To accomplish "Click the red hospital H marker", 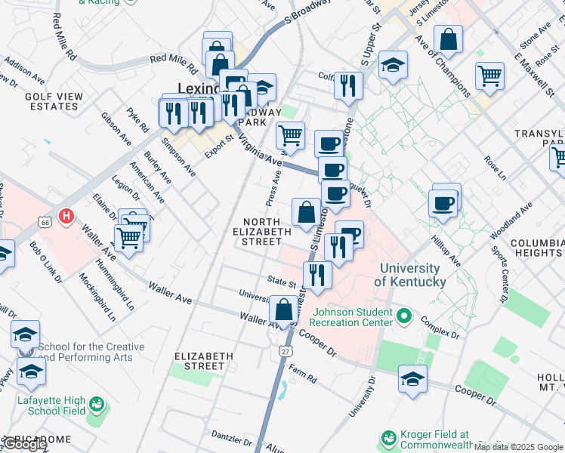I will coord(66,217).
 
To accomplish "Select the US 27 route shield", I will coord(284,352).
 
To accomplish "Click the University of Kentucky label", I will coord(411,275).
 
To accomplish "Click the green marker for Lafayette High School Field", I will coord(97,404).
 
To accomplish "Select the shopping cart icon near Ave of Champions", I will coord(489,75).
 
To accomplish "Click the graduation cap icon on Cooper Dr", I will coord(412,379).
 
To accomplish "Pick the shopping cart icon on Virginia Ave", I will coord(290,136).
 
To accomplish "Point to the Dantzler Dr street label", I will coord(231,436).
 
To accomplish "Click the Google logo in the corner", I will coord(25,445).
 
